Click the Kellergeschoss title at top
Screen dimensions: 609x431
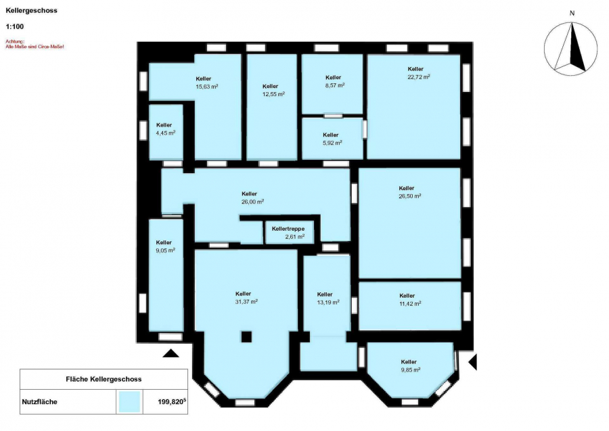coord(31,10)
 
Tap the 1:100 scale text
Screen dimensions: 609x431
coord(15,27)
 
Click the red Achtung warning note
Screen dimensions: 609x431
coord(35,44)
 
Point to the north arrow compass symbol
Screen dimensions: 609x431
coord(570,49)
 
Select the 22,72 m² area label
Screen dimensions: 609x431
coord(418,77)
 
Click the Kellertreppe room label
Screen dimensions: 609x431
coord(288,229)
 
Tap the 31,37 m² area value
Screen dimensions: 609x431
coord(246,301)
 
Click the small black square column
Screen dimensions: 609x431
coord(246,337)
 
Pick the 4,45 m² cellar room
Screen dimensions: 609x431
coord(166,132)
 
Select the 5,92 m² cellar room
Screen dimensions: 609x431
coord(332,138)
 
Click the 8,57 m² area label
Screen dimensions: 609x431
coord(334,85)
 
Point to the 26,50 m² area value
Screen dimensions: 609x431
coord(410,196)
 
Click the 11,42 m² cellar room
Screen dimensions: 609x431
coord(410,306)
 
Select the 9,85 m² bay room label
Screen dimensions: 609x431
coord(410,366)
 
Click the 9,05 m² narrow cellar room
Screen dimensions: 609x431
coord(166,275)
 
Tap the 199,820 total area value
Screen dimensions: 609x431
coord(172,402)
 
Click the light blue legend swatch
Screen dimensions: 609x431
coord(129,401)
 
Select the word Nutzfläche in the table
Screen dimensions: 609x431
coord(39,402)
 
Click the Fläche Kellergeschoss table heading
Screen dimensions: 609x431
coord(104,379)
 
